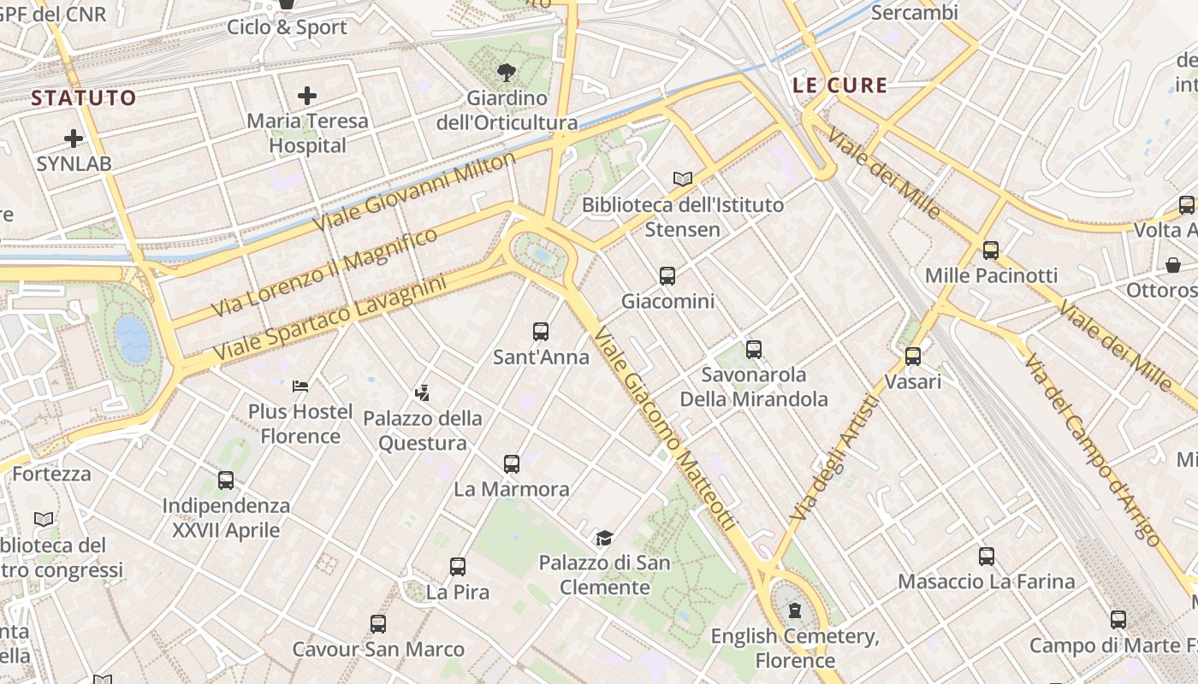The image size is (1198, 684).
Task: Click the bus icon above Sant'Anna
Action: coord(541,331)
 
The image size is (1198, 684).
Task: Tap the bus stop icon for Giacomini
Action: coord(667,275)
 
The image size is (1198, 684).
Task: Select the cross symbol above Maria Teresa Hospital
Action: coord(307,96)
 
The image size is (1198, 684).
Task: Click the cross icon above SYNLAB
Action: coord(74,138)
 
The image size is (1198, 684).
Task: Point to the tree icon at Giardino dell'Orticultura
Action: coord(507,72)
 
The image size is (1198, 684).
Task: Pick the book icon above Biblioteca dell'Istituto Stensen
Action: coord(682,179)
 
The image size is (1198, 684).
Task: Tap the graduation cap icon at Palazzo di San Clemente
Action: coord(605,538)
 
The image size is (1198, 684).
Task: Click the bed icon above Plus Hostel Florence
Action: coord(299,386)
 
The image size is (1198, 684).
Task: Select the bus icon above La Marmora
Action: coord(512,464)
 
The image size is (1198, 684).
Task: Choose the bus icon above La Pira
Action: coord(458,566)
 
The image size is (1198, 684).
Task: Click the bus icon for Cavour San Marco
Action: coord(378,624)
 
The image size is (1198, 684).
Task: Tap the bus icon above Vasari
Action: coord(913,356)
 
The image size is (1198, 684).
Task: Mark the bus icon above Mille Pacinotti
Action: coord(991,250)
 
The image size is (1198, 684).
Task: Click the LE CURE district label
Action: coord(839,85)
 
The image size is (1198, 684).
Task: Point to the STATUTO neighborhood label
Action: coord(84,97)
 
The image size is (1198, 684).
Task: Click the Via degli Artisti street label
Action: coord(834,459)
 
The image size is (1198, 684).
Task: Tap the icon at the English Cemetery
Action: coord(795,610)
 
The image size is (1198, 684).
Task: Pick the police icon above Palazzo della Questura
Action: coord(422,392)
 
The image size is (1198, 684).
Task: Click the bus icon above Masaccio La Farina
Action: coord(987,557)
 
